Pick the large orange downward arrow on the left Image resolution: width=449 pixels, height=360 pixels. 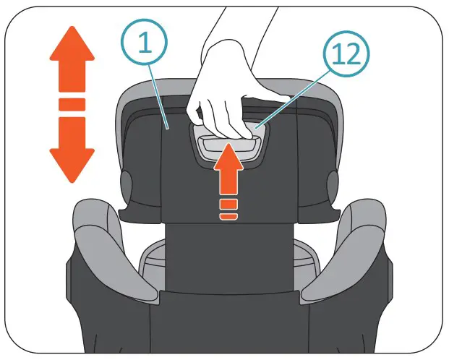coord(72,148)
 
